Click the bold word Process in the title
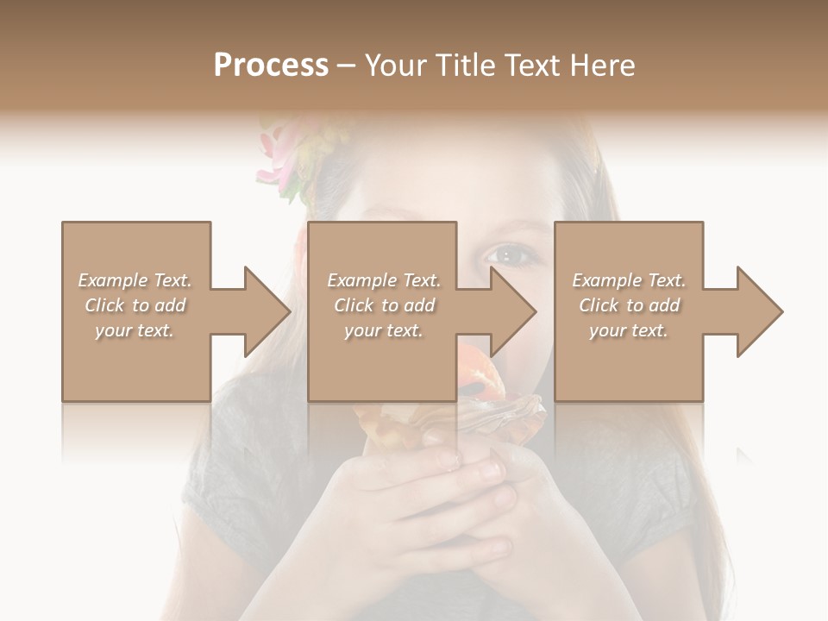271,66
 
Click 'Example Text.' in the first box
135,280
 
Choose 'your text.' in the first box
135,330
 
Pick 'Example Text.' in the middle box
384,280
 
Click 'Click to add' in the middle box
384,305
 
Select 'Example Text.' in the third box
629,280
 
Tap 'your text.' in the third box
629,330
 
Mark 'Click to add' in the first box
135,305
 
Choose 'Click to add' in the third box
629,305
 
